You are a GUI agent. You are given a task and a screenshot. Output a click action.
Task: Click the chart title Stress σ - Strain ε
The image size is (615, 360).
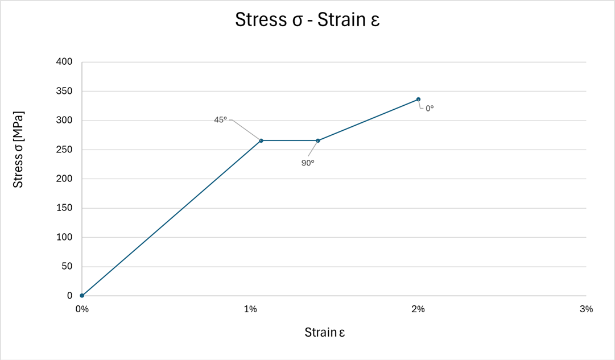pos(307,20)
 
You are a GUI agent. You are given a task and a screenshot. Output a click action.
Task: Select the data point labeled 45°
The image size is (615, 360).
pos(261,140)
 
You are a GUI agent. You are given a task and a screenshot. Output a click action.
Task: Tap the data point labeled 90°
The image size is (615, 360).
pos(318,140)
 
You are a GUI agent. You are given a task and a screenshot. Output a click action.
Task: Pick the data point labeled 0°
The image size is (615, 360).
pos(418,99)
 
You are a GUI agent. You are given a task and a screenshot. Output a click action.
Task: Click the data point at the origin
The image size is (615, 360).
pos(82,296)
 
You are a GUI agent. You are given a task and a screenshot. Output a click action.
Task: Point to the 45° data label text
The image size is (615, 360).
pos(220,119)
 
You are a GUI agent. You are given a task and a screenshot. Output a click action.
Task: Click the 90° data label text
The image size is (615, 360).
pos(308,163)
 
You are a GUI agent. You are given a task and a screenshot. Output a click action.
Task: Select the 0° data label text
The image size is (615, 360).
pos(430,107)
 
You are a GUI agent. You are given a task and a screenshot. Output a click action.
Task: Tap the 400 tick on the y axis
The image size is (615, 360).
pos(65,62)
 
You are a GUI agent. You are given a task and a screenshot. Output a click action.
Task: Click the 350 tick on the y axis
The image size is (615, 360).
pos(65,91)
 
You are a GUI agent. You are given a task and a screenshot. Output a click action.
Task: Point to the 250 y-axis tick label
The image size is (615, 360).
pos(65,150)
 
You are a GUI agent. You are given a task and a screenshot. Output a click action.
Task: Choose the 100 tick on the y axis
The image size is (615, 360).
pos(65,237)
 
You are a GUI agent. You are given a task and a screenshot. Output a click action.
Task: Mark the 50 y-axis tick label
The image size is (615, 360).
pos(68,267)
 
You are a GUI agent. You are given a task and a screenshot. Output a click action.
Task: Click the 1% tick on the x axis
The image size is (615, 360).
pos(250,309)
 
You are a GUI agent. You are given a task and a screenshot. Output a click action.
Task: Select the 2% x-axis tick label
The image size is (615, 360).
pos(418,309)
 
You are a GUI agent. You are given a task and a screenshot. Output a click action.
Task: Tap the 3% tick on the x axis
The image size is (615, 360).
pos(586,309)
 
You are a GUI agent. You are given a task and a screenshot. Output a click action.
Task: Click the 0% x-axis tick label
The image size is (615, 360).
pos(82,309)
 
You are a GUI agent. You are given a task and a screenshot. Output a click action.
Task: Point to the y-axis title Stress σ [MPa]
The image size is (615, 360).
pos(19,150)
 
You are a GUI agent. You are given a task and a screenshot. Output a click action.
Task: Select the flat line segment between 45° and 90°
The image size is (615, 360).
pos(290,140)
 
